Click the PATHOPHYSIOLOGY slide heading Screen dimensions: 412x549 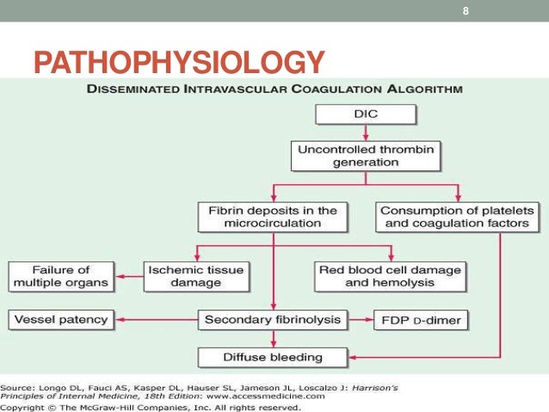(x=179, y=63)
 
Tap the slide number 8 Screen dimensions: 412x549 (x=466, y=10)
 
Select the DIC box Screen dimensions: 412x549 (x=366, y=114)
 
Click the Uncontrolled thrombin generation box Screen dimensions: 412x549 (x=366, y=155)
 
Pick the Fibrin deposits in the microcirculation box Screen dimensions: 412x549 (x=273, y=216)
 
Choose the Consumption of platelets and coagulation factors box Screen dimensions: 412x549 (x=457, y=216)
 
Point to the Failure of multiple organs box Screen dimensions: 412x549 (x=60, y=276)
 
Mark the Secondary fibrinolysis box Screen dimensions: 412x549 (x=273, y=320)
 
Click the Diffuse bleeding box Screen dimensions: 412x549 (x=273, y=356)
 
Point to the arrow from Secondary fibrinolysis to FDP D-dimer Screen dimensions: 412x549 (x=361, y=321)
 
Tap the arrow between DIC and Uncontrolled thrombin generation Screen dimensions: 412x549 (x=366, y=132)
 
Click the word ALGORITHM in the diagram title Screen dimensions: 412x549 (x=424, y=88)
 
